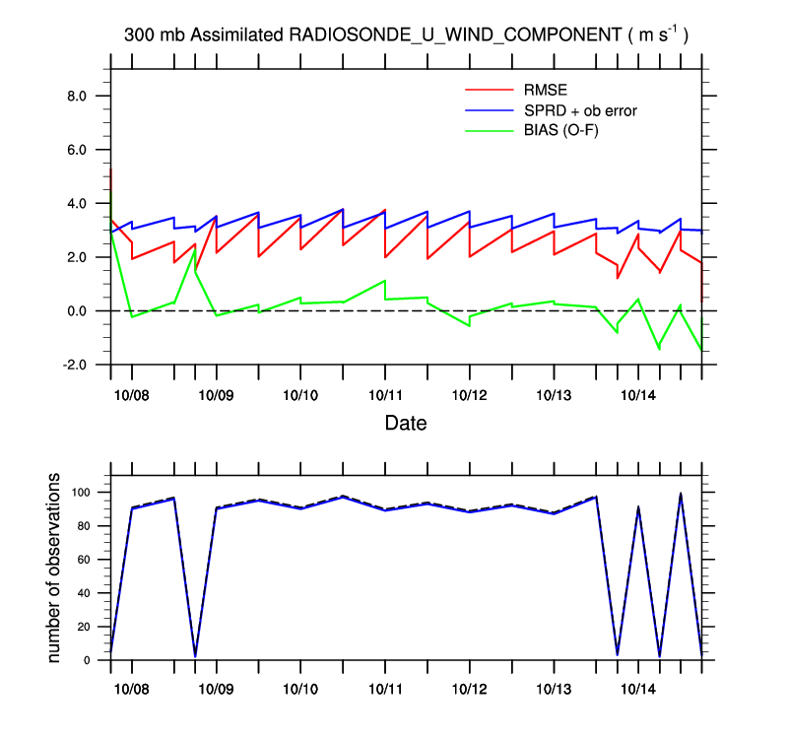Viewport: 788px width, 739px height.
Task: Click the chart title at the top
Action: point(406,34)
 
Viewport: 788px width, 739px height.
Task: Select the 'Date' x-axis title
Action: point(406,424)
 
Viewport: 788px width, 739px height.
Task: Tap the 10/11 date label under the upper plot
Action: point(385,394)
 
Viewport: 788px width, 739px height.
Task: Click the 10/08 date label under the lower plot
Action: point(132,690)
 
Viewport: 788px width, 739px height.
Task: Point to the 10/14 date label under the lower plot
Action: point(638,690)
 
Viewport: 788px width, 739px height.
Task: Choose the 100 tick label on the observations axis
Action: point(87,493)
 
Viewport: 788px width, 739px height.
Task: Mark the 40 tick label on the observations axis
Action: point(90,593)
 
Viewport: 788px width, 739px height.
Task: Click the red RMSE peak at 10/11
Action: point(384,210)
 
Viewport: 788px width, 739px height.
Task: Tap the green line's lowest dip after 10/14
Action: point(659,349)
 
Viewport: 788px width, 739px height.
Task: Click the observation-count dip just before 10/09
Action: point(195,655)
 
